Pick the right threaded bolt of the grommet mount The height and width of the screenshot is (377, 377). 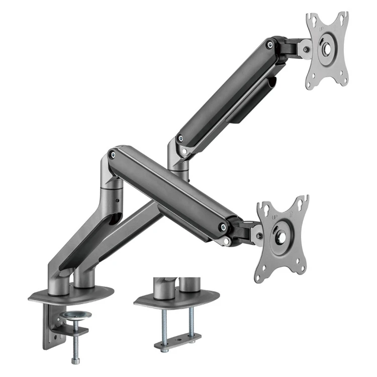pos(192,321)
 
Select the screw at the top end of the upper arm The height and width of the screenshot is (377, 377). pos(271,45)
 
